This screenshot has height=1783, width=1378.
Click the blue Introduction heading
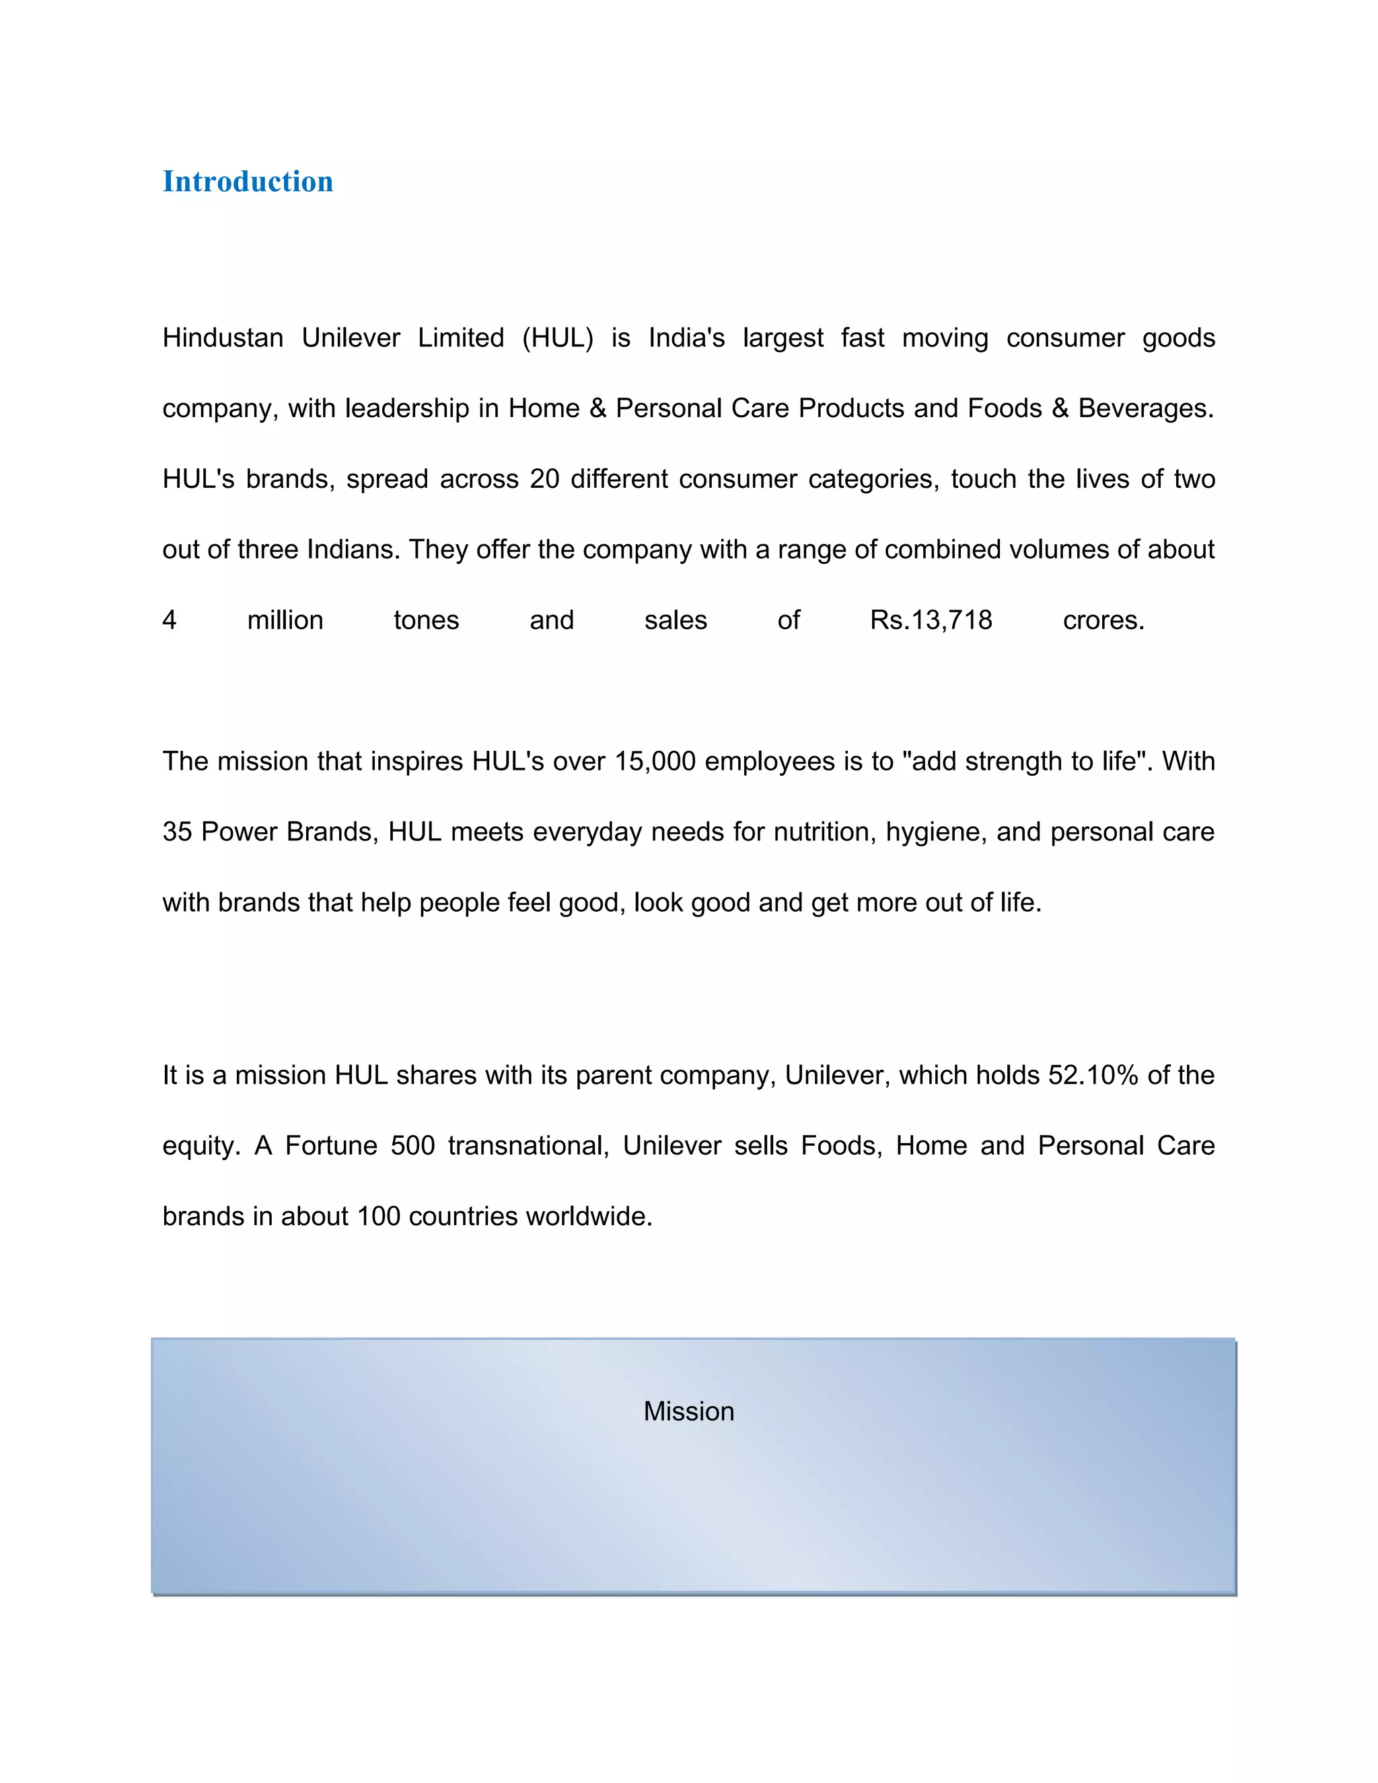coord(248,181)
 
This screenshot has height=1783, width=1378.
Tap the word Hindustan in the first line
coord(222,338)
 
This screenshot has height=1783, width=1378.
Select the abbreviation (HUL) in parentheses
coord(558,338)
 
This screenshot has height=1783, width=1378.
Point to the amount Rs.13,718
coord(931,620)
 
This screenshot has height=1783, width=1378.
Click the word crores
coord(1103,620)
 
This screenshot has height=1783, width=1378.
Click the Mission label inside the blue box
coord(688,1412)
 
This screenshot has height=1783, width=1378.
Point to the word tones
coord(426,620)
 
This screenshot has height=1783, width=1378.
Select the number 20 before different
coord(544,479)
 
